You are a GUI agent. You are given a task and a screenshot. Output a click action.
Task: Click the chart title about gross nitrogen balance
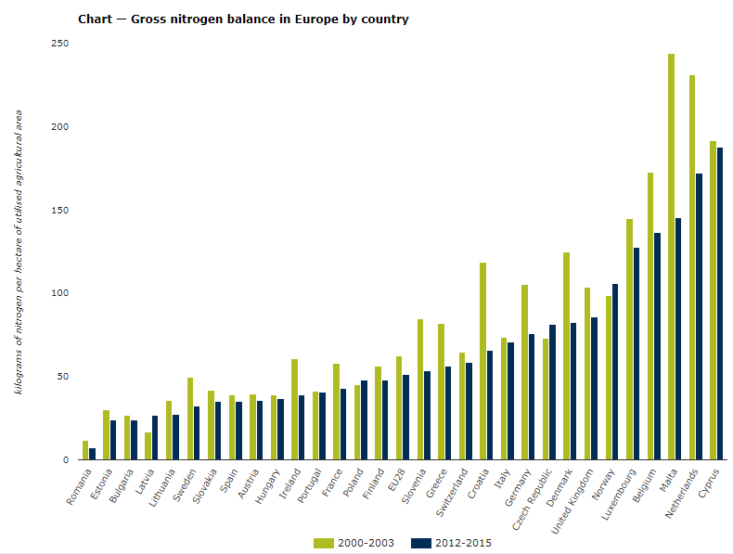point(243,19)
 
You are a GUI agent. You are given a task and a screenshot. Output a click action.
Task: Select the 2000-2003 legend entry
point(357,543)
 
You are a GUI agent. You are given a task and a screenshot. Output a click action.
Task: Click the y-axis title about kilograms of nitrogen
point(18,251)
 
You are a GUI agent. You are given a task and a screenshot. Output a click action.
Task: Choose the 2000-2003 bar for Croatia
point(482,361)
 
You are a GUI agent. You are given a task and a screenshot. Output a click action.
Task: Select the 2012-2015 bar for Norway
point(615,371)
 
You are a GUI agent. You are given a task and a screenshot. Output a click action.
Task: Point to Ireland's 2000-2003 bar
point(294,409)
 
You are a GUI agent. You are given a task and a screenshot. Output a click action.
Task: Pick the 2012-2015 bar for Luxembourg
point(637,354)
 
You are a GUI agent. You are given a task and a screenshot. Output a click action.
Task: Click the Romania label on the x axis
point(80,486)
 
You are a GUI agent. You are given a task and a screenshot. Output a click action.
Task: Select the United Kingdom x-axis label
point(572,501)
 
